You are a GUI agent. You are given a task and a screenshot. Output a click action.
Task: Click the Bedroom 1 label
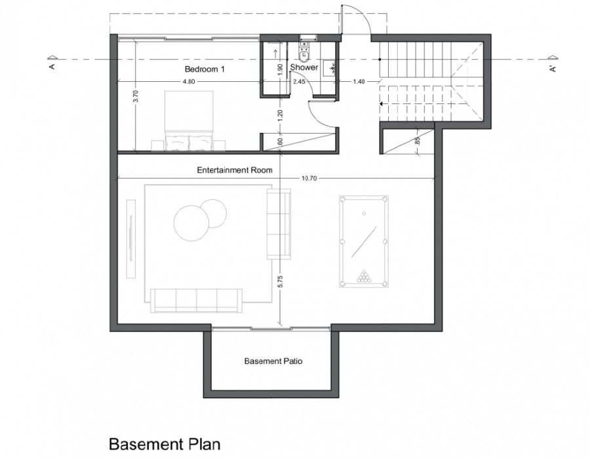coord(205,69)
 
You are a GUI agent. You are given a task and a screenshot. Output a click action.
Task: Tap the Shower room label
coord(304,67)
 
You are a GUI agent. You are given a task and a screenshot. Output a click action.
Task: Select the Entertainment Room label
coord(235,170)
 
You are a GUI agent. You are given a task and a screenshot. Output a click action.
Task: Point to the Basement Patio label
coord(273,361)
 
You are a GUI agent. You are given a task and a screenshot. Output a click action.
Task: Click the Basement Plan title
coord(165,444)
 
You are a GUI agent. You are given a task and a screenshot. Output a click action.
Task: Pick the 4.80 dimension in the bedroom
coord(189,81)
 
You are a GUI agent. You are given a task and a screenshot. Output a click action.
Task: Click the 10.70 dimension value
coord(309,179)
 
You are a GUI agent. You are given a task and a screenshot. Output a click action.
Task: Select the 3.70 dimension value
coord(136,96)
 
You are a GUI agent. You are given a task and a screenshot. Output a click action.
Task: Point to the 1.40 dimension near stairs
coord(359,81)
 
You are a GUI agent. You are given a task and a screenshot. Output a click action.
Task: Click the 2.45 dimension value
coord(299,81)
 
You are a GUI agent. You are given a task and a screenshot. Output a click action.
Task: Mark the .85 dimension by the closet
coord(416,141)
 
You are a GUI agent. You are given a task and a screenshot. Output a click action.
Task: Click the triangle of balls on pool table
coord(363,276)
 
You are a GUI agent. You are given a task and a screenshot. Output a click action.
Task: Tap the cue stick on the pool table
coord(364,242)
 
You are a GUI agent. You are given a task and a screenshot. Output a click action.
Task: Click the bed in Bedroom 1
coord(189,120)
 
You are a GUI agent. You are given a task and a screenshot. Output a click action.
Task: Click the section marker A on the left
coord(52,63)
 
